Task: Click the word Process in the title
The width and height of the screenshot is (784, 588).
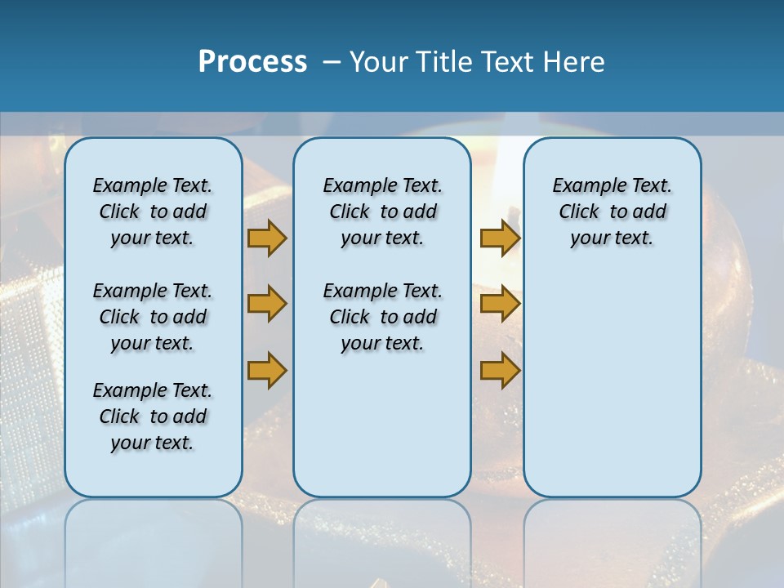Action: click(252, 62)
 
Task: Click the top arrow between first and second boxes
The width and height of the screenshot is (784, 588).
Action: click(267, 238)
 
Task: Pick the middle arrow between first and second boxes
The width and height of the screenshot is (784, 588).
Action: click(267, 304)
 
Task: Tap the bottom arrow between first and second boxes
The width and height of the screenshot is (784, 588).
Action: click(267, 370)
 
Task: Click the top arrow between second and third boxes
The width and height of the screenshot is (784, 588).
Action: click(500, 238)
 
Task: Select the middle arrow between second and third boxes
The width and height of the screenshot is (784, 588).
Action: click(500, 304)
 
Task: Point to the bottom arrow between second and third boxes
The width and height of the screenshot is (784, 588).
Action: click(500, 370)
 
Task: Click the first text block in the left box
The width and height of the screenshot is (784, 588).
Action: click(153, 212)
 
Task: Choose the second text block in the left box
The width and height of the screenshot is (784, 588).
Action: click(153, 317)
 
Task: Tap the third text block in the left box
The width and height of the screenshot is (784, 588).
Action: click(153, 416)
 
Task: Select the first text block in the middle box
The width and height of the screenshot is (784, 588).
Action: click(382, 212)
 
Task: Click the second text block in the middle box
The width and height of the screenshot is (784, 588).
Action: click(382, 317)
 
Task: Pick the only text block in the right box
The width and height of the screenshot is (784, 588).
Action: click(612, 212)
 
